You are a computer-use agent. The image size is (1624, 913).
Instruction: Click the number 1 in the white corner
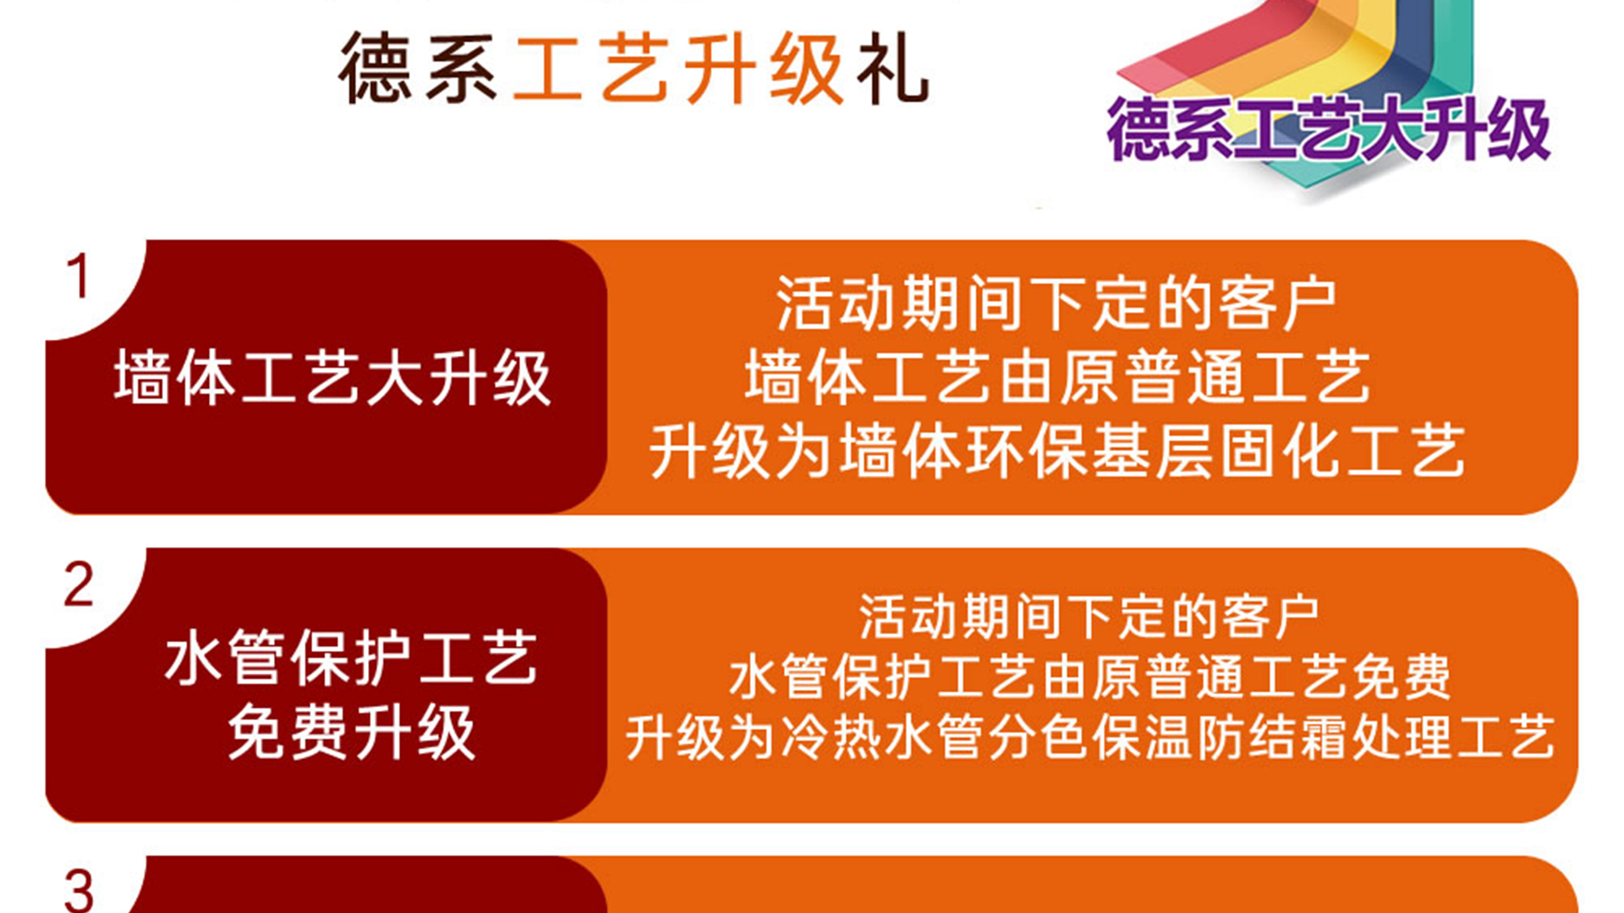tap(79, 276)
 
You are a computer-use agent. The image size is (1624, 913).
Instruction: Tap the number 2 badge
tap(79, 584)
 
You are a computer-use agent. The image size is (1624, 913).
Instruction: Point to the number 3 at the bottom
tap(79, 891)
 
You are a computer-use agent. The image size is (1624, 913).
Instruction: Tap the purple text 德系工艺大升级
tap(1328, 129)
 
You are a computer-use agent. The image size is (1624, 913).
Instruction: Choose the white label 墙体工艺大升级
tap(332, 378)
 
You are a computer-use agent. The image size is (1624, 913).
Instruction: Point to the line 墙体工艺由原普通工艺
tap(1057, 377)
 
